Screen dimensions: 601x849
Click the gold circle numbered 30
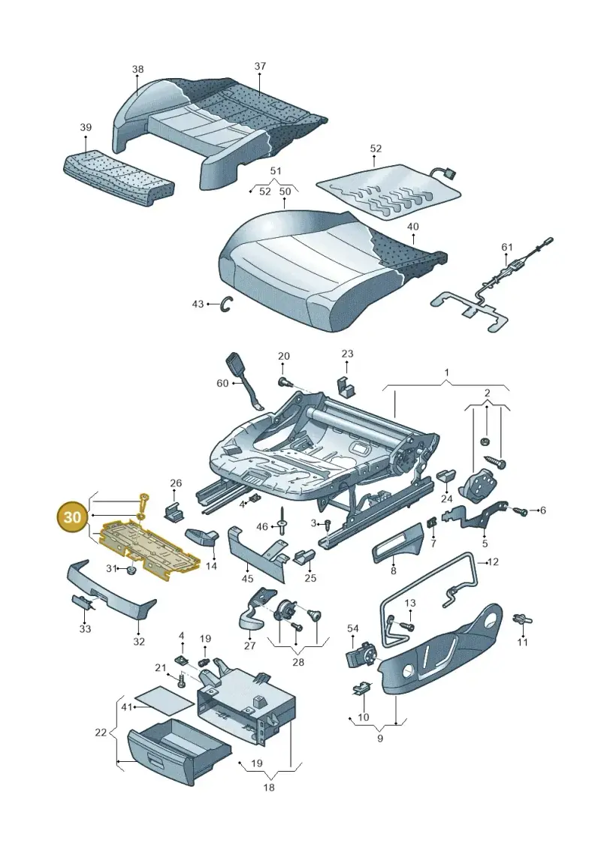tap(72, 517)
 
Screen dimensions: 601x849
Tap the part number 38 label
tap(137, 69)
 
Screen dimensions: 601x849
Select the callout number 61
tap(506, 247)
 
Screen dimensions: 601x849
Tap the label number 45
tap(247, 580)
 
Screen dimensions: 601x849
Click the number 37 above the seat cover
tap(260, 66)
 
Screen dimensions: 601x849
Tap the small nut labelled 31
tap(131, 571)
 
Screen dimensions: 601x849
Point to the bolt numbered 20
tap(284, 383)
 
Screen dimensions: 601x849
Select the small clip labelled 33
tap(83, 601)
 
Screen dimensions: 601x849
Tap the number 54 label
tap(353, 628)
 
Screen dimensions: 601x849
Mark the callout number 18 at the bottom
tap(269, 787)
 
